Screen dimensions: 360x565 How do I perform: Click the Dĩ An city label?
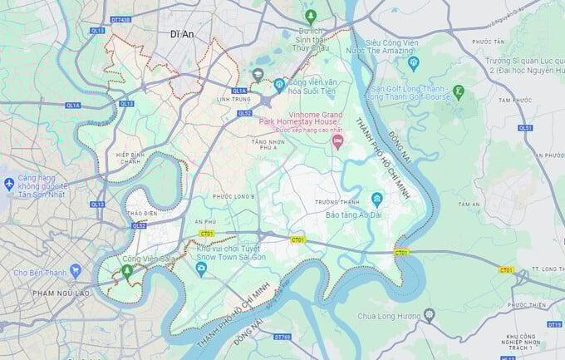pyautogui.click(x=181, y=34)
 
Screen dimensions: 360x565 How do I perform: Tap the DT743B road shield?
pyautogui.click(x=120, y=19)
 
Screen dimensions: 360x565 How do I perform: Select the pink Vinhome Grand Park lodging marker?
pyautogui.click(x=337, y=141)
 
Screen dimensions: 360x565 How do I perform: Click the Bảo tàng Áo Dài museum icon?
pyautogui.click(x=376, y=199)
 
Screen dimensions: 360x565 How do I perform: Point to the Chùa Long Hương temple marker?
pyautogui.click(x=429, y=315)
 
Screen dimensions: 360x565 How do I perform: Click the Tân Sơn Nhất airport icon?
pyautogui.click(x=9, y=183)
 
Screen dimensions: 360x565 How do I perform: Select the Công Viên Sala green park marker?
pyautogui.click(x=126, y=271)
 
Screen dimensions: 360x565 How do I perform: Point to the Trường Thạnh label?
pyautogui.click(x=337, y=202)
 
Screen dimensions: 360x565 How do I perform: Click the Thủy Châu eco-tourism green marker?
pyautogui.click(x=310, y=16)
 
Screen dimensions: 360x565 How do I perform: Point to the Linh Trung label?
pyautogui.click(x=235, y=100)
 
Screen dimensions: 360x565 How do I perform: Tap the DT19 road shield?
pyautogui.click(x=554, y=324)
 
